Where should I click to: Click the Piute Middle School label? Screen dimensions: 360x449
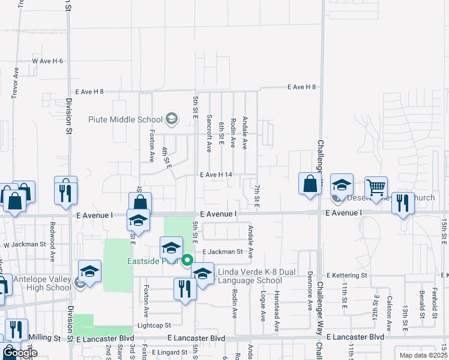[125, 119]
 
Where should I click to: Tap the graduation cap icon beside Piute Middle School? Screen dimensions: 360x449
[172, 119]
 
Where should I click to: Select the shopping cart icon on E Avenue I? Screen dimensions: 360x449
[376, 187]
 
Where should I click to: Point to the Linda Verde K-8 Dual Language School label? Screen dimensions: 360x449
[249, 277]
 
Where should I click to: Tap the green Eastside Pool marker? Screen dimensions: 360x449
[187, 260]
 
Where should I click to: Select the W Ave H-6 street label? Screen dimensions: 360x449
[47, 61]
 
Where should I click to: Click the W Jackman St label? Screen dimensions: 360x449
[25, 244]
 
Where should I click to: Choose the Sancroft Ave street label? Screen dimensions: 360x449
[209, 133]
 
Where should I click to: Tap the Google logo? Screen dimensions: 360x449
[20, 353]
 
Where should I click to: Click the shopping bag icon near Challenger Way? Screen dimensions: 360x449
[310, 184]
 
